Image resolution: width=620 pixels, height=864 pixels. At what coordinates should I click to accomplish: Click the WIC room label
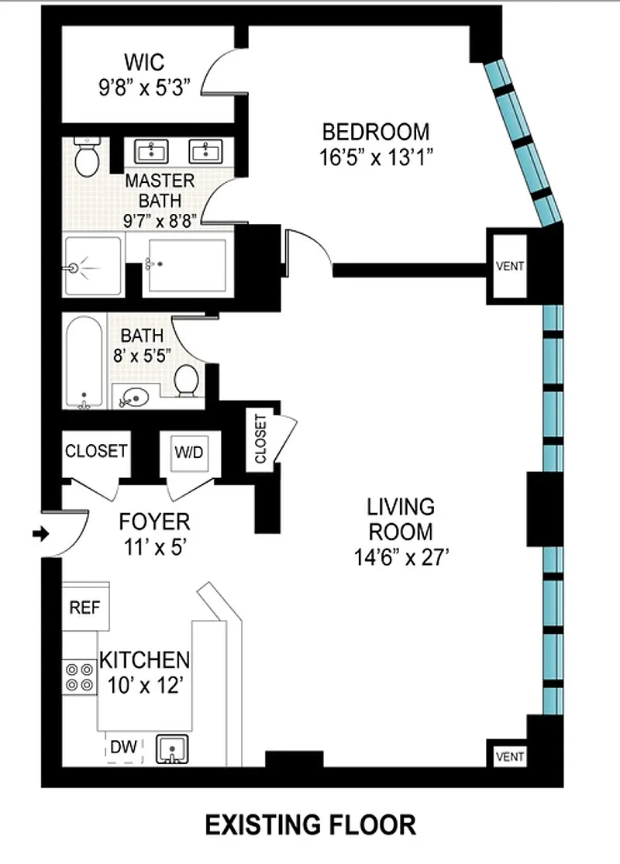click(144, 62)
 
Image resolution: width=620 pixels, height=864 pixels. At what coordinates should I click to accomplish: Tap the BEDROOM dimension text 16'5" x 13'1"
click(376, 157)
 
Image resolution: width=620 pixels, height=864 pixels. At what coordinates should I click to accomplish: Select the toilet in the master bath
click(87, 157)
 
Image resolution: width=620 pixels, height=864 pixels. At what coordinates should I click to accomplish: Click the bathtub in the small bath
click(84, 363)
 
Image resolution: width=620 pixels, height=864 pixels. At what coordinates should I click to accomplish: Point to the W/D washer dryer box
click(189, 453)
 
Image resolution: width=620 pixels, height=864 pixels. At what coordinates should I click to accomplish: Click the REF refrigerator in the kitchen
click(85, 607)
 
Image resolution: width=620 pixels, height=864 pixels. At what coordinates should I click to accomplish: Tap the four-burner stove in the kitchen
click(79, 677)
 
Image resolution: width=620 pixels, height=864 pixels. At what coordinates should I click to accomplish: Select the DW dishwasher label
click(123, 747)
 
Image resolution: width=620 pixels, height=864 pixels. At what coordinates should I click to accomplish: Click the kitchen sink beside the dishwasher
click(172, 749)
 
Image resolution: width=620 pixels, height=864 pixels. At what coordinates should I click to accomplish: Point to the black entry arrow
click(41, 533)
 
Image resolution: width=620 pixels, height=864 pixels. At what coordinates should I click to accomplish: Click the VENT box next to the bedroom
click(510, 266)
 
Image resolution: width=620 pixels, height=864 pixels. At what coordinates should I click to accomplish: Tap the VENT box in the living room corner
click(510, 756)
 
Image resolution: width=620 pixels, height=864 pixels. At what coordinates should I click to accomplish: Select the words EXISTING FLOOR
click(311, 825)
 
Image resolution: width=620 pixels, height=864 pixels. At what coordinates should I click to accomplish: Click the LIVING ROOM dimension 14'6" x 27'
click(401, 557)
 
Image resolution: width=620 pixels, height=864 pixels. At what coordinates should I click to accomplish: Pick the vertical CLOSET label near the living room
click(260, 439)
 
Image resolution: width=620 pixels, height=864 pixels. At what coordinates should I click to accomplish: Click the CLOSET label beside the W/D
click(96, 451)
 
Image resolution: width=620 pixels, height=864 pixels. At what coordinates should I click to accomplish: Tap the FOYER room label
click(155, 521)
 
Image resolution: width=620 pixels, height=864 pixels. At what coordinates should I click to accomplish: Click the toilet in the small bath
click(187, 380)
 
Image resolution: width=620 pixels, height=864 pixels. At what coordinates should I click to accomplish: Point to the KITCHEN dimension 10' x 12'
click(145, 686)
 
